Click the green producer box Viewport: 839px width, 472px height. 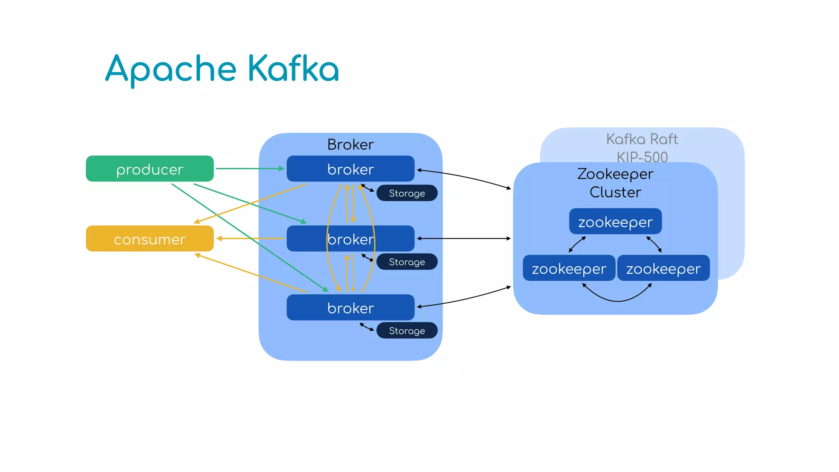pyautogui.click(x=150, y=168)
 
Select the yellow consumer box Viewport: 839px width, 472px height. pyautogui.click(x=150, y=238)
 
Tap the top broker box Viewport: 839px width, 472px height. pyautogui.click(x=350, y=168)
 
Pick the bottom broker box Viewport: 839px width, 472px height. pyautogui.click(x=350, y=307)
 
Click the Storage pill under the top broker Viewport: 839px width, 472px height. pyautogui.click(x=407, y=193)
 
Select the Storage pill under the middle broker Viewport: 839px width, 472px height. pyautogui.click(x=407, y=262)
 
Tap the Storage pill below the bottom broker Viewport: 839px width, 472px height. pyautogui.click(x=407, y=331)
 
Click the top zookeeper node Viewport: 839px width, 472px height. pyautogui.click(x=615, y=222)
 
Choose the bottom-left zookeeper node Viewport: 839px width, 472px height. pyautogui.click(x=569, y=268)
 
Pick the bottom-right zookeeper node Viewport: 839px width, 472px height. pyautogui.click(x=663, y=268)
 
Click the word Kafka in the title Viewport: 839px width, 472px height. pyautogui.click(x=293, y=69)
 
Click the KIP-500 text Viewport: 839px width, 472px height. pyautogui.click(x=642, y=157)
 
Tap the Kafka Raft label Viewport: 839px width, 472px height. pyautogui.click(x=642, y=139)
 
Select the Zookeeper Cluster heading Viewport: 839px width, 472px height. pyautogui.click(x=615, y=183)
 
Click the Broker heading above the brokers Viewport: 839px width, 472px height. pyautogui.click(x=350, y=145)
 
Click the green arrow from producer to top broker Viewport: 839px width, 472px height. pyautogui.click(x=250, y=168)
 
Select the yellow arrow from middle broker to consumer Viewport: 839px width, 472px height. pyautogui.click(x=250, y=238)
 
